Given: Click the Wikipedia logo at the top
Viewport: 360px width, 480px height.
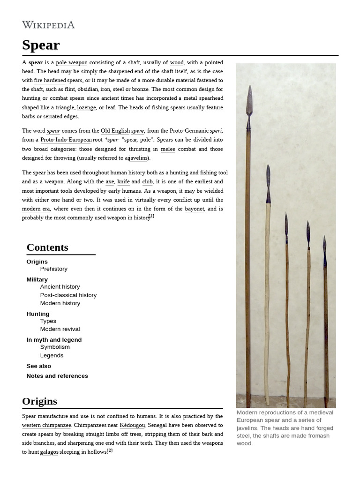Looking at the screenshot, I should point(48,25).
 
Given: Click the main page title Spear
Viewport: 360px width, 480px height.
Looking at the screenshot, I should point(41,45).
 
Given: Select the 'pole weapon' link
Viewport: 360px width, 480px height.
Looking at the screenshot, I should point(72,62).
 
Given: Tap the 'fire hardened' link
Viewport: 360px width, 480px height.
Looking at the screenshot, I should point(50,80).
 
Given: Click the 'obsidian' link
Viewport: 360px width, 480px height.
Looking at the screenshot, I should point(88,89).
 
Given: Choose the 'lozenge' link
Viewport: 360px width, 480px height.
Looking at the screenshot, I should point(86,107).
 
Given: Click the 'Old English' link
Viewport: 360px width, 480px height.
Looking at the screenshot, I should point(115,131).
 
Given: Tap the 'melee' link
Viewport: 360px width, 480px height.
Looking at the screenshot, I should point(168,149).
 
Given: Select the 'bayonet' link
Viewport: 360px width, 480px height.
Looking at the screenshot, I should point(194,209).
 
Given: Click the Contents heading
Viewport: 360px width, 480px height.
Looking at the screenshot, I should point(47,247).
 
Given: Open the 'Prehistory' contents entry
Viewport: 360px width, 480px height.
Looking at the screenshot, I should point(54,269).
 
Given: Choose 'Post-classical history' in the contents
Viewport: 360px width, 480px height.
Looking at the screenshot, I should point(68,295).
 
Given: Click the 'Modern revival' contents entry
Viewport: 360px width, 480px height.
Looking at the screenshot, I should point(60,329).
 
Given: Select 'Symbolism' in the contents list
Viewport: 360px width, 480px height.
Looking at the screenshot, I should point(55,347).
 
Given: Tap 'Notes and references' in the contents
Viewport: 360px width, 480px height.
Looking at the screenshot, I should point(57,376).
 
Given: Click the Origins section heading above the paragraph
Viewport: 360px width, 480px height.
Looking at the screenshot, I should point(39,401).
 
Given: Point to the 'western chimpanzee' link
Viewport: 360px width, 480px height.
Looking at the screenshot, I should point(46,425).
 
